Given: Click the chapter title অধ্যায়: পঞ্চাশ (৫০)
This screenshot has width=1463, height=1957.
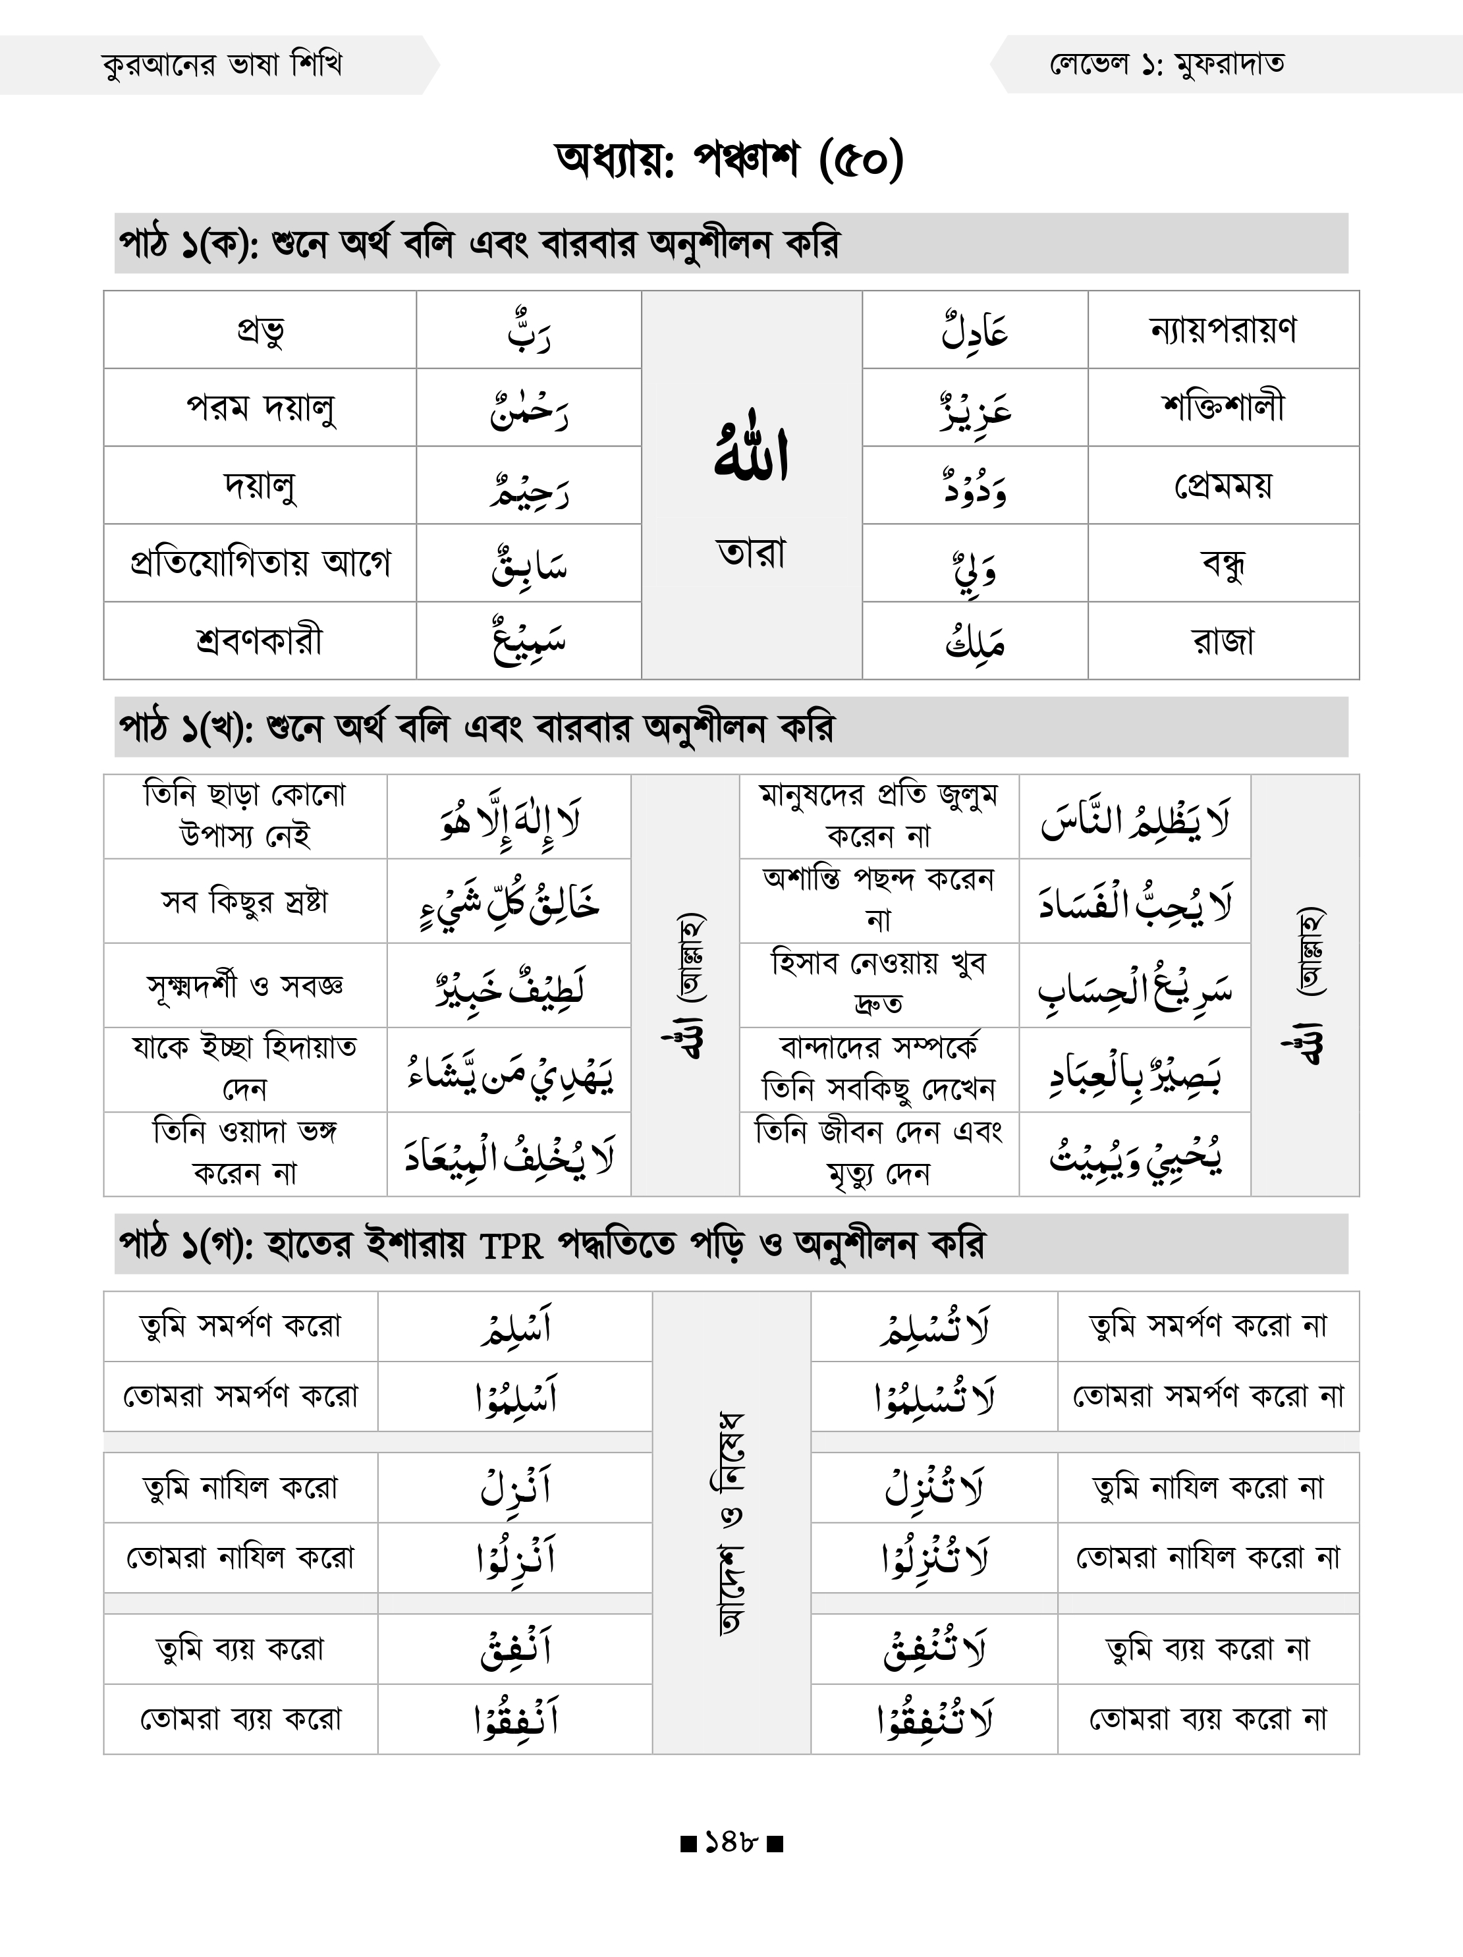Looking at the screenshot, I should click(x=731, y=160).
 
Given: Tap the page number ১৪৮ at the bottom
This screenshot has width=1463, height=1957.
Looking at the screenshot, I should click(x=731, y=1843).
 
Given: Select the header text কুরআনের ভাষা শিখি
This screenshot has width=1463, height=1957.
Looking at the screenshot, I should click(x=222, y=65).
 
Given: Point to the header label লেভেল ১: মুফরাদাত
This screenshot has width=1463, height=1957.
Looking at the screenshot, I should click(x=1167, y=65).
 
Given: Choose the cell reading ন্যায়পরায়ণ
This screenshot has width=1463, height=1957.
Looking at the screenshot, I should click(x=1223, y=330).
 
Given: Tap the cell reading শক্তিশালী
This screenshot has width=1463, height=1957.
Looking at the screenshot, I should click(x=1223, y=407).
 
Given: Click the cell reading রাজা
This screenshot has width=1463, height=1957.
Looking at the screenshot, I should click(x=1223, y=640).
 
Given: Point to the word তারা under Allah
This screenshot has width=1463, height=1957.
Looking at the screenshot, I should click(x=752, y=553).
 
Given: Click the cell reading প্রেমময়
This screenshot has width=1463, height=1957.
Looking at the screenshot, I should click(x=1223, y=485).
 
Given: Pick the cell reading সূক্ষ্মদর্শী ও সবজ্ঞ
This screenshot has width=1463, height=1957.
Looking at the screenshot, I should click(x=245, y=985).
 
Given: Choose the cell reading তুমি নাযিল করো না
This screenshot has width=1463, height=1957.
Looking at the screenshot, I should click(x=1207, y=1487).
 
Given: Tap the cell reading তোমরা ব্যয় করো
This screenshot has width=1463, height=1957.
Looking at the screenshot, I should click(x=240, y=1718).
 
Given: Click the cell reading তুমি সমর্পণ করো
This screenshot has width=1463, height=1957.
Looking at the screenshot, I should click(x=240, y=1325).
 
